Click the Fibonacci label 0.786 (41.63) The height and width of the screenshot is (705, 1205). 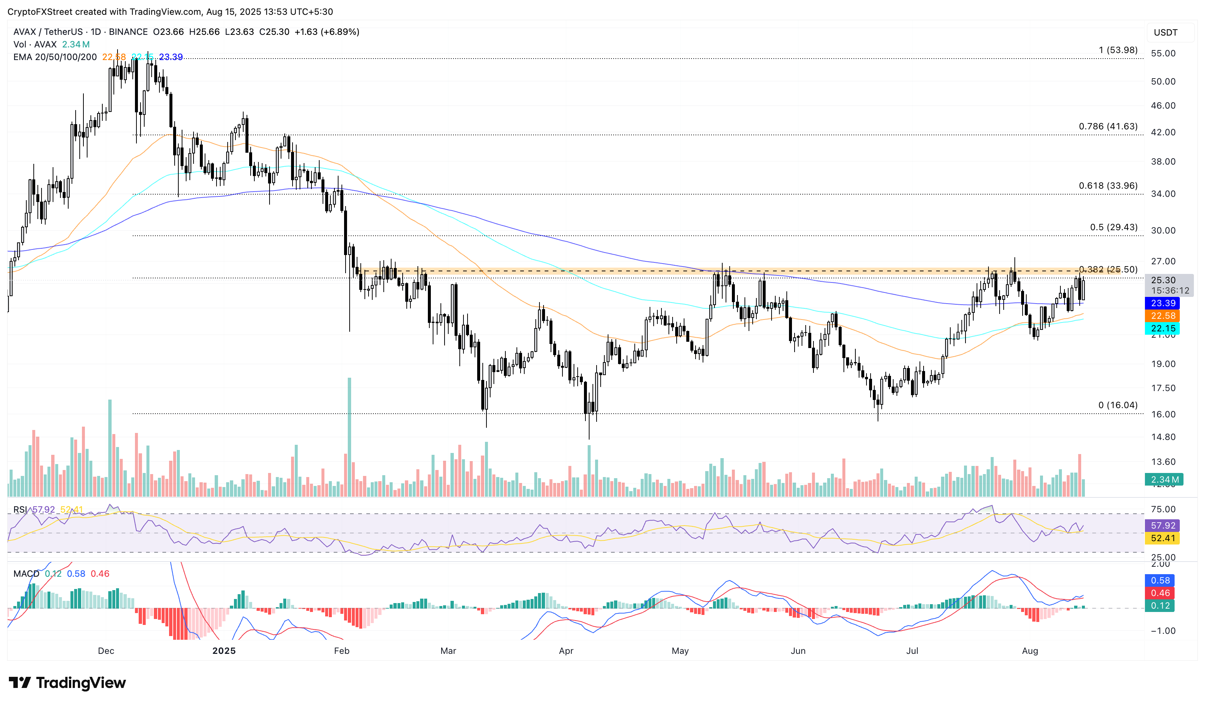[x=1107, y=127]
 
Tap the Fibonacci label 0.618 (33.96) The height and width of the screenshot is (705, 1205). [x=1107, y=186]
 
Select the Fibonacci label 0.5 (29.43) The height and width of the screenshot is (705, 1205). [x=1113, y=228]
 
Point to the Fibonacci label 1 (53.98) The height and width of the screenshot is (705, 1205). [x=1117, y=50]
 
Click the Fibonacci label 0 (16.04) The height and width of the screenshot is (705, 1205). [x=1117, y=405]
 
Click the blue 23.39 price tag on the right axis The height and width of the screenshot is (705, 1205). [x=1162, y=303]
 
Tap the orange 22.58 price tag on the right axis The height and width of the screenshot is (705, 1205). [x=1162, y=316]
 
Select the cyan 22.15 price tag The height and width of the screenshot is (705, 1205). [x=1162, y=328]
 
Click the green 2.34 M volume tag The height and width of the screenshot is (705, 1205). [x=1164, y=479]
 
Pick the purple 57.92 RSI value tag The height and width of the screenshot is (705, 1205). [x=1162, y=526]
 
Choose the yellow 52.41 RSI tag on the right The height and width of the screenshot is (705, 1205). [x=1162, y=538]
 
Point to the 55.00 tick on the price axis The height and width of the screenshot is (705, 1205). [x=1163, y=53]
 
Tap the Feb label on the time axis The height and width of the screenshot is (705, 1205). [x=341, y=651]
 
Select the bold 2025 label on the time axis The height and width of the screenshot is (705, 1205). [x=224, y=651]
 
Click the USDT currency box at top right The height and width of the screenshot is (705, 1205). [x=1165, y=33]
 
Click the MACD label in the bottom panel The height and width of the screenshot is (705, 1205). [x=26, y=573]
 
